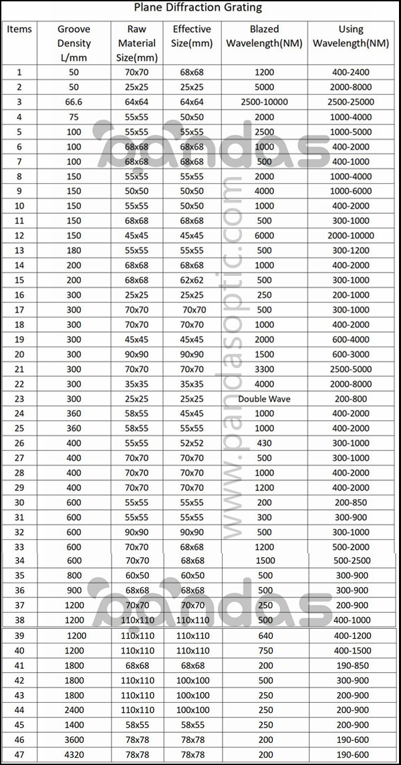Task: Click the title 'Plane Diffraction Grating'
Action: click(x=198, y=8)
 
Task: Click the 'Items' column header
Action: click(x=19, y=29)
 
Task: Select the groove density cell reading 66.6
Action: click(x=74, y=102)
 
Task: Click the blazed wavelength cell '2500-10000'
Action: click(x=264, y=102)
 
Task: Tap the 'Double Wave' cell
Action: click(x=264, y=399)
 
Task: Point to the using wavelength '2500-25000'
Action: click(x=351, y=102)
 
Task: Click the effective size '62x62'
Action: click(x=191, y=280)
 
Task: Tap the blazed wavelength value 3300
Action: click(x=264, y=369)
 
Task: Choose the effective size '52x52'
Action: click(x=191, y=443)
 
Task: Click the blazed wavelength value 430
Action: click(x=264, y=443)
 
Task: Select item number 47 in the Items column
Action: click(x=19, y=754)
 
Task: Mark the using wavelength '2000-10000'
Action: click(x=351, y=235)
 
